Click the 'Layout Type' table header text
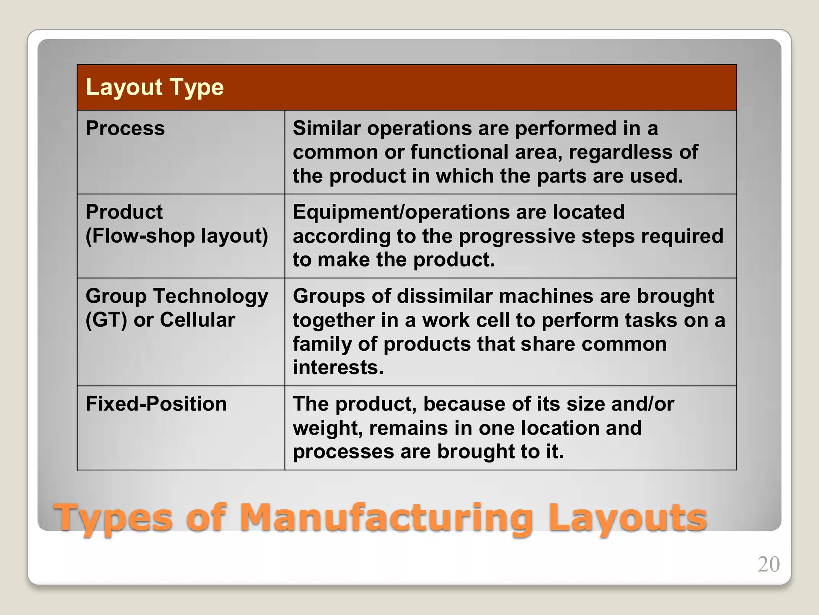154,87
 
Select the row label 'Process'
125,129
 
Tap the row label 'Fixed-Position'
156,404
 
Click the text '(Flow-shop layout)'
177,236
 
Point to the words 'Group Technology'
177,296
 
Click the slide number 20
768,565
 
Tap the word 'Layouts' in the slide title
627,518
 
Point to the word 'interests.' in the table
338,368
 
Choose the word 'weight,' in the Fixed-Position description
328,428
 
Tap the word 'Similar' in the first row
327,129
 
